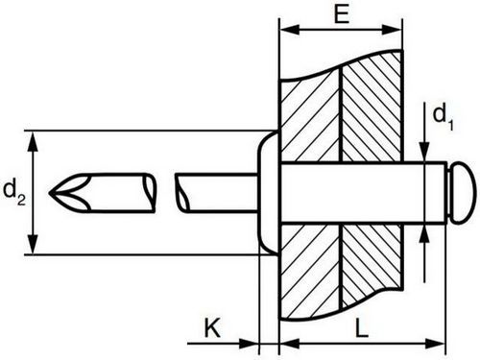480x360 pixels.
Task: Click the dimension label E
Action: [x=342, y=13]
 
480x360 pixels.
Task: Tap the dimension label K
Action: [x=212, y=327]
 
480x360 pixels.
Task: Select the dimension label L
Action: [x=362, y=327]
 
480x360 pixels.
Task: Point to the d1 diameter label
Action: [x=443, y=118]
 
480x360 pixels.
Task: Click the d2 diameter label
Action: [x=14, y=192]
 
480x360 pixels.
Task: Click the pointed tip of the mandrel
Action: [x=49, y=193]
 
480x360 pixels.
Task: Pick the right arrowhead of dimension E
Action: [x=392, y=30]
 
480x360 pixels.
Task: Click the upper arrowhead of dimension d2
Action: [x=33, y=141]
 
